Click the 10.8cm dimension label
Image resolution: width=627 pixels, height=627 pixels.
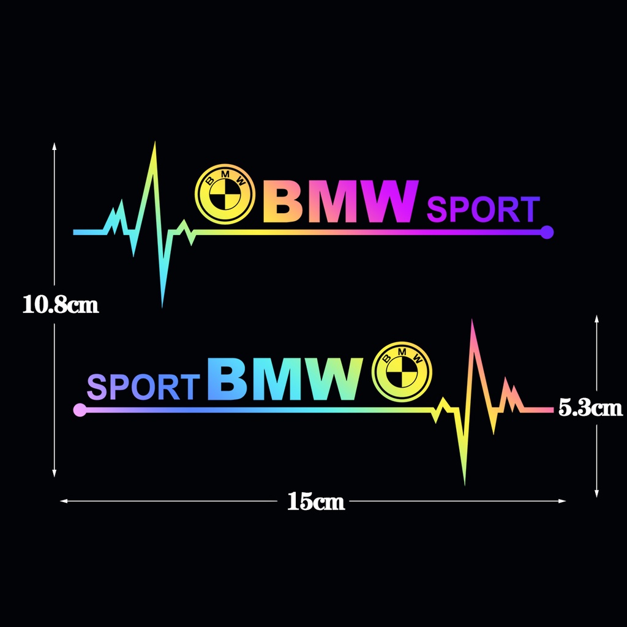pos(60,304)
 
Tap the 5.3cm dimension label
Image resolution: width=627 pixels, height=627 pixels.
pos(590,408)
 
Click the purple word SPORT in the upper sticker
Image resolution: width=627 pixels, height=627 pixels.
pos(482,210)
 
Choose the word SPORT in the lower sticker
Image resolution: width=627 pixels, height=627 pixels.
pos(144,387)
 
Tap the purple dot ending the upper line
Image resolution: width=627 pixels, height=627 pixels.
pos(547,232)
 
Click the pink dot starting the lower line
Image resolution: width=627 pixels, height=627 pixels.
pos(79,410)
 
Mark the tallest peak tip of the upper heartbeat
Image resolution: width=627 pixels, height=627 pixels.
pos(155,144)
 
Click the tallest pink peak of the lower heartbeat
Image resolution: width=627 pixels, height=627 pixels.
pos(472,321)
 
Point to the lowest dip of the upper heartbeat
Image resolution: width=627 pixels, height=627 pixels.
pos(162,305)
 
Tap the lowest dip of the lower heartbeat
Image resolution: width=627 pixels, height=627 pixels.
pos(464,482)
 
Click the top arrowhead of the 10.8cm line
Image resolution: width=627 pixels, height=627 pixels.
pos(54,146)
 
